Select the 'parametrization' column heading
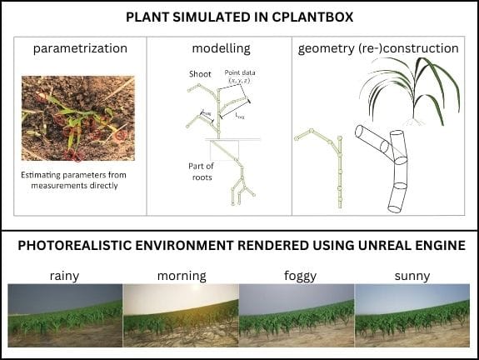coord(80,48)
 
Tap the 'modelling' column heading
coord(221,48)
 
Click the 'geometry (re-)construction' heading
coord(378,48)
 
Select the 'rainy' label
coord(65,274)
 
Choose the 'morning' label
coord(181,274)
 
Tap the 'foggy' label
coord(297,274)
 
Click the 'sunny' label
coord(412,274)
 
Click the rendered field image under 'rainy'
coord(65,315)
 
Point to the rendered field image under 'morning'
coord(181,315)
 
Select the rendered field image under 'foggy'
coord(297,315)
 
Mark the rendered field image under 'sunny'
coord(412,315)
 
